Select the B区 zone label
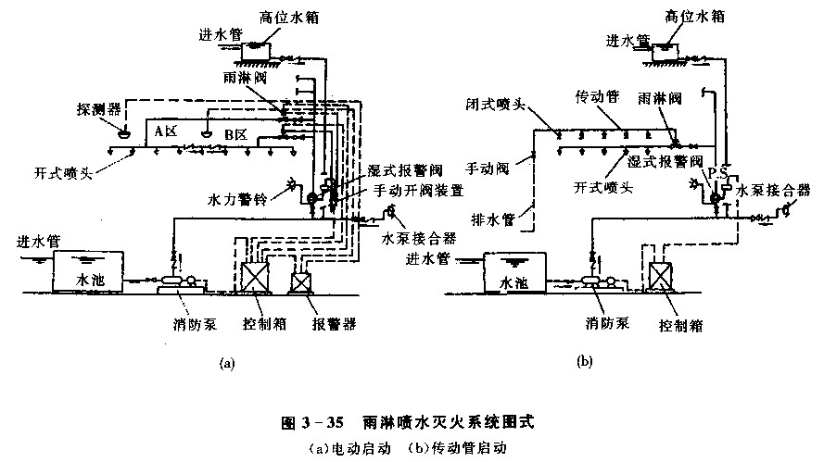point(235,135)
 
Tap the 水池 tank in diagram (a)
point(87,269)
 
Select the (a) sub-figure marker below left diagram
point(227,364)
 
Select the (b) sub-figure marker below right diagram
point(583,362)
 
